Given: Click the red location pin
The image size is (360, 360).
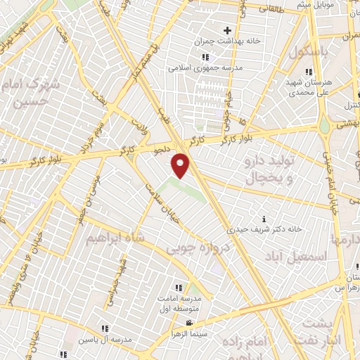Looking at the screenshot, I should (x=181, y=165).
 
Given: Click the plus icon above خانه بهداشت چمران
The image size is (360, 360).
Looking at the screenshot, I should (x=227, y=30).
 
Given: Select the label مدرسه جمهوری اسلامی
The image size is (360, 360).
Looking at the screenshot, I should (x=205, y=68).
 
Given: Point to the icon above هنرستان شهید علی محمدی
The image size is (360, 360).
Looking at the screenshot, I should (x=308, y=72).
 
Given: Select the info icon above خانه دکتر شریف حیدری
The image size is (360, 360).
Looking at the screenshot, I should (x=264, y=219).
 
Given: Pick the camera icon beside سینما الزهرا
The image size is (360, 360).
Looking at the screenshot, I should (x=189, y=323).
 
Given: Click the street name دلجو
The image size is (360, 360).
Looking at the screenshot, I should (x=162, y=149).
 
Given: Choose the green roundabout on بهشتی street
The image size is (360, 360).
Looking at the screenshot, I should (x=324, y=127).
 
